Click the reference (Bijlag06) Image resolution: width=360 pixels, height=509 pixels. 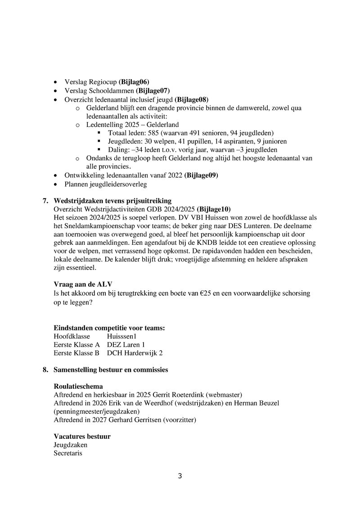pyautogui.click(x=134, y=82)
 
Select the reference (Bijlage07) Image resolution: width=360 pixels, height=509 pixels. pyautogui.click(x=153, y=90)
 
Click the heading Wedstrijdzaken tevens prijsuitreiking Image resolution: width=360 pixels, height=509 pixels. pyautogui.click(x=112, y=200)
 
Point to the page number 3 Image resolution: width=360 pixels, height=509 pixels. pyautogui.click(x=180, y=477)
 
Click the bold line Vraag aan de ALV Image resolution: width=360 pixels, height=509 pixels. pyautogui.click(x=83, y=285)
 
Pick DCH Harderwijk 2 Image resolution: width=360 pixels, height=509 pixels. pyautogui.click(x=135, y=353)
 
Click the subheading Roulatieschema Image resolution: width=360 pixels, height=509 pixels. pyautogui.click(x=78, y=387)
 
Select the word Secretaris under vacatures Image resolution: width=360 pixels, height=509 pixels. pyautogui.click(x=67, y=454)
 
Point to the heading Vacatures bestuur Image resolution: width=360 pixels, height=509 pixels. pyautogui.click(x=82, y=437)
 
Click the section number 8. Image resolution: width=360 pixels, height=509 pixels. pyautogui.click(x=45, y=370)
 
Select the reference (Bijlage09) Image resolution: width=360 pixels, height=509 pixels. pyautogui.click(x=204, y=175)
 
